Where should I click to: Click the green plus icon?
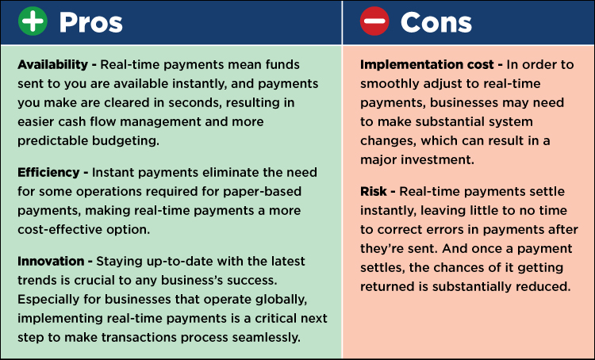pos(33,21)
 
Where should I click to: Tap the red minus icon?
pos(374,21)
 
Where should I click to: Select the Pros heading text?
pos(91,23)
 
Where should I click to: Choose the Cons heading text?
pos(436,22)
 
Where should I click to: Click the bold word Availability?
pos(52,65)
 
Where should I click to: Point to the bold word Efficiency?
pos(48,173)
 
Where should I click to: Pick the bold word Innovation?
pos(51,261)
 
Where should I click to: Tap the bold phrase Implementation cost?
pos(427,65)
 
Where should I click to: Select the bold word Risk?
pos(374,191)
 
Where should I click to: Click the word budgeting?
pos(126,141)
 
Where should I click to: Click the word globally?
pos(281,300)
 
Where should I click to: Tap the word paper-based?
pos(263,192)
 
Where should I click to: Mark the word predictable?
pos(53,141)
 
